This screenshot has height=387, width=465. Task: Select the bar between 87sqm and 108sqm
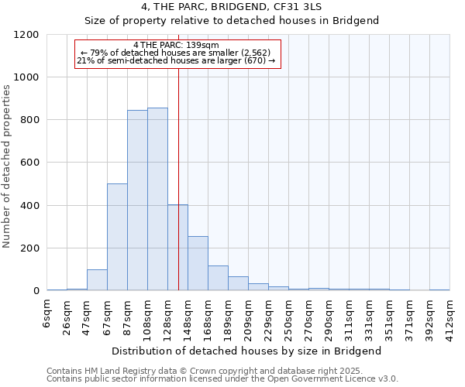pyautogui.click(x=137, y=200)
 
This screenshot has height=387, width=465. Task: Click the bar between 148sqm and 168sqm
pyautogui.click(x=198, y=263)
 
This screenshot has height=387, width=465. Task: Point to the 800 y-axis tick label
pyautogui.click(x=30, y=120)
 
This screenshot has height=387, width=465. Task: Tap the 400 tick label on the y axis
pyautogui.click(x=30, y=206)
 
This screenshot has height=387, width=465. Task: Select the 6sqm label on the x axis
pyautogui.click(x=47, y=313)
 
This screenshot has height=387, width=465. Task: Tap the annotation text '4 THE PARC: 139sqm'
pyautogui.click(x=177, y=45)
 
